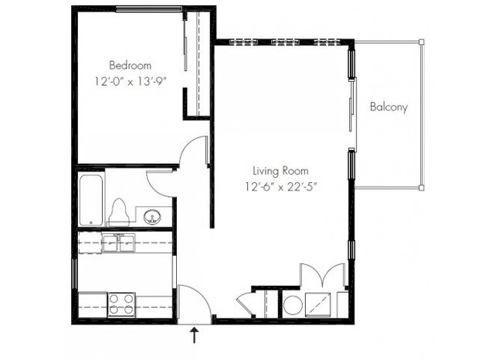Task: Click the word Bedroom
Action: tap(130, 65)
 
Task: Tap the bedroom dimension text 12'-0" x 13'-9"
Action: tap(130, 80)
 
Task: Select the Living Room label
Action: tap(279, 170)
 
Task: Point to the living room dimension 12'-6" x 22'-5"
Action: tap(279, 185)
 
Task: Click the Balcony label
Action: tap(388, 107)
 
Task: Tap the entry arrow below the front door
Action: tap(195, 335)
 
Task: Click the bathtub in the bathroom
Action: tap(90, 199)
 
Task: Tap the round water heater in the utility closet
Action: tap(293, 304)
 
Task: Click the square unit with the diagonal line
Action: tap(318, 304)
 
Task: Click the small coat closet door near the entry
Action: tap(247, 303)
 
